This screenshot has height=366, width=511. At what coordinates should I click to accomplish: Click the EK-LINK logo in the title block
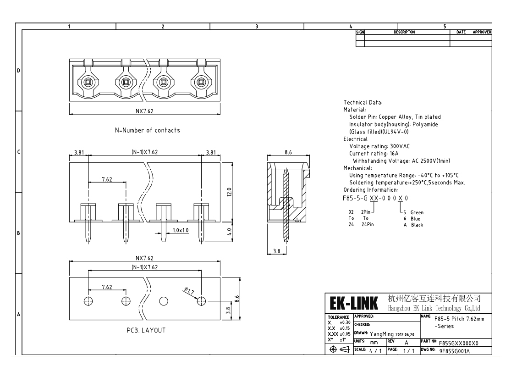(354, 303)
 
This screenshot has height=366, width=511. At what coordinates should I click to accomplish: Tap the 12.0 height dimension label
(229, 192)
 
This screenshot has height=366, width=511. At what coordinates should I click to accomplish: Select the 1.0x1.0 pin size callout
(181, 230)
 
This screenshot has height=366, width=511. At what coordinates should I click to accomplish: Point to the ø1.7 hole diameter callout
(189, 291)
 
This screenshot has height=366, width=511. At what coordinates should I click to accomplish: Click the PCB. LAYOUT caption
(146, 330)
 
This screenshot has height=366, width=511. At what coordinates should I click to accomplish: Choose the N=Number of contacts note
(147, 130)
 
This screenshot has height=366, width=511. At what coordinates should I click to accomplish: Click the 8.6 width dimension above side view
(288, 152)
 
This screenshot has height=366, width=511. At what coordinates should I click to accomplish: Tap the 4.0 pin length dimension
(229, 232)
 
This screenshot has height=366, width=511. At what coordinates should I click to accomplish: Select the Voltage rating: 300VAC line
(379, 146)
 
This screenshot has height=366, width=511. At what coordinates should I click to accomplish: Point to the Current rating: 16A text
(374, 154)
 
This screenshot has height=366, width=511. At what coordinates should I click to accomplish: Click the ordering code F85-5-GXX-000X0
(375, 198)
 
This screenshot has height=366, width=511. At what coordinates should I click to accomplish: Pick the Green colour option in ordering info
(417, 212)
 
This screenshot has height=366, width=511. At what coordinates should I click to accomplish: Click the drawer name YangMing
(382, 334)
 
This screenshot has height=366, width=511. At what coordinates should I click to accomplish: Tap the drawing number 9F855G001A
(455, 351)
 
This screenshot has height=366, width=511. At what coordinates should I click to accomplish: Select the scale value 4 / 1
(375, 351)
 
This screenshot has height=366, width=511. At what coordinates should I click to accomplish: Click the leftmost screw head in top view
(88, 82)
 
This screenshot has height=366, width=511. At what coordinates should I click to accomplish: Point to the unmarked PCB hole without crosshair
(164, 301)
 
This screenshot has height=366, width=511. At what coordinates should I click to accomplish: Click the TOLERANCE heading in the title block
(338, 317)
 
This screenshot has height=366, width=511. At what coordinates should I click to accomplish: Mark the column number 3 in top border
(257, 27)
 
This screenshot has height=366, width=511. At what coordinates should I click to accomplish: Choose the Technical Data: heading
(363, 102)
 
